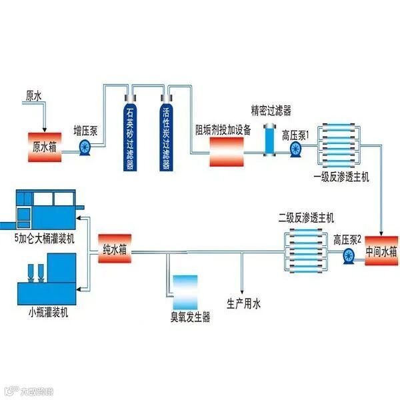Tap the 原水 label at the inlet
pyautogui.click(x=34, y=97)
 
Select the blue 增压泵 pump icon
pyautogui.click(x=85, y=149)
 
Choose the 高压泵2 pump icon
pyautogui.click(x=348, y=257)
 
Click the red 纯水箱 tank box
pyautogui.click(x=113, y=251)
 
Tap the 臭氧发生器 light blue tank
pyautogui.click(x=185, y=291)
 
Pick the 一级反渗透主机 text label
pyautogui.click(x=341, y=178)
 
